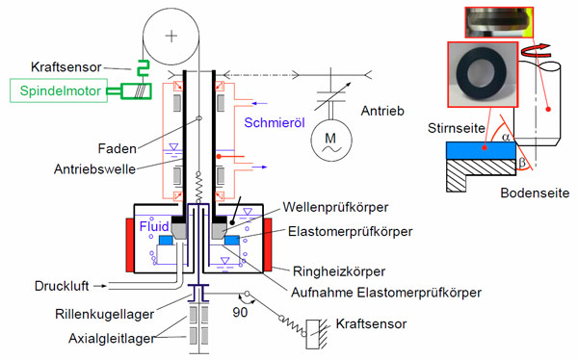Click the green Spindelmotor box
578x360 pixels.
59,90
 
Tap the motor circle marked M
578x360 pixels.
331,141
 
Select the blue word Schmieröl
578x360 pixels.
275,122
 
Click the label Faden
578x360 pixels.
118,148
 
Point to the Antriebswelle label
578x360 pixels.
94,169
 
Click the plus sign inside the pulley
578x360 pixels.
171,36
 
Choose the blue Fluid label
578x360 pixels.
154,226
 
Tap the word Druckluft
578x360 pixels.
62,286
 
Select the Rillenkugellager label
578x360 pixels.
105,315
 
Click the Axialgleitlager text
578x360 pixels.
112,338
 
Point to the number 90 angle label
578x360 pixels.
240,312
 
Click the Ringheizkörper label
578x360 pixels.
339,271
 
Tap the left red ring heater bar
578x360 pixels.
130,245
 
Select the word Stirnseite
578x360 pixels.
457,128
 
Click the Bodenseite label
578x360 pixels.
535,193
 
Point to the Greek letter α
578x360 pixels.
506,137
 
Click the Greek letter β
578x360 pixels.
522,162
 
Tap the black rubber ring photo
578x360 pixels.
483,75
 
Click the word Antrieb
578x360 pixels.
382,111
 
